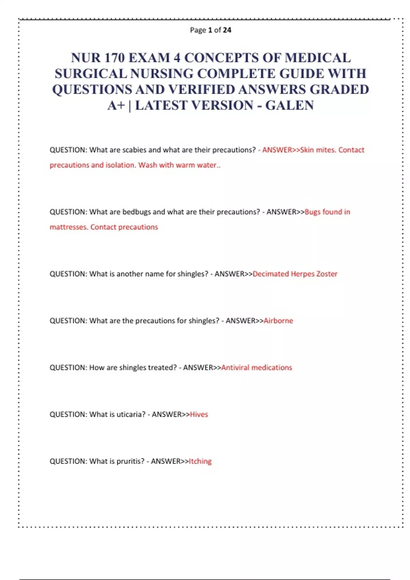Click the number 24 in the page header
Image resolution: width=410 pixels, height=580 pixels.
pos(227,30)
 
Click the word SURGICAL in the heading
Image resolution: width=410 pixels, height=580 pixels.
pos(91,74)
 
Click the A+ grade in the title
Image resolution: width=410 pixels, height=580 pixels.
pos(116,105)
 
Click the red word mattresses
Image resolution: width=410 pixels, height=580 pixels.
pos(68,227)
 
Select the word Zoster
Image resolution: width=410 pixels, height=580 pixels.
pos(327,274)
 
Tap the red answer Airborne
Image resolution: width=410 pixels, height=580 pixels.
pos(278,321)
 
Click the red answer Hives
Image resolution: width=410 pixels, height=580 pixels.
pos(199,414)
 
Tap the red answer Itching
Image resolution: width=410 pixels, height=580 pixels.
pos(200,461)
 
